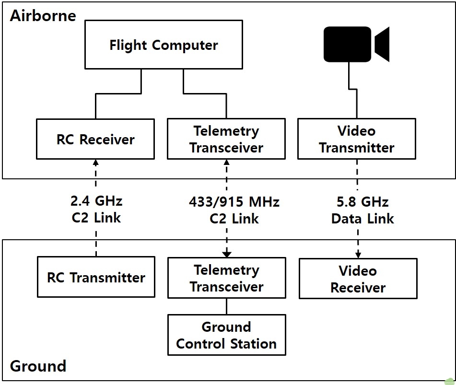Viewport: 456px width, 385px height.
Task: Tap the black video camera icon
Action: [357, 44]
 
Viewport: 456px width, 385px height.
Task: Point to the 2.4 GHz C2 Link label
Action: [96, 209]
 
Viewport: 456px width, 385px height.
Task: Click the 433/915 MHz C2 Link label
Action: [234, 210]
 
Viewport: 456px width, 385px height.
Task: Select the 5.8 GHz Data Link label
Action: [362, 210]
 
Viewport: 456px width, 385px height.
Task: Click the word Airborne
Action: [43, 15]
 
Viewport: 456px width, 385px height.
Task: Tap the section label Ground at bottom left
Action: [38, 366]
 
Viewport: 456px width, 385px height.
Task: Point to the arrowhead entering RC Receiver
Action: [96, 162]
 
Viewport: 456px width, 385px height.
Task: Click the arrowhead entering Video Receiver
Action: [358, 255]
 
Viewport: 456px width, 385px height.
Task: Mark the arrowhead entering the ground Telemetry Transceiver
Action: [227, 254]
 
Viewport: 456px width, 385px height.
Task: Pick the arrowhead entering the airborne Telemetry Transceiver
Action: [226, 162]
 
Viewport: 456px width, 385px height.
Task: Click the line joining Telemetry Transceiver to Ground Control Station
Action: [227, 306]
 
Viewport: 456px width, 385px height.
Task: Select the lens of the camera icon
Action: [382, 44]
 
